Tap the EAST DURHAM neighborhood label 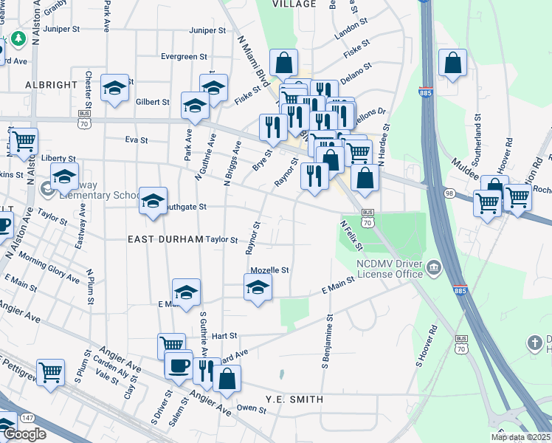point(165,239)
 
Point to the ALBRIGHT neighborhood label point(51,85)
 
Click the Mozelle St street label point(269,270)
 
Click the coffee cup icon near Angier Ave point(179,365)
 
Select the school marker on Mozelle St point(258,286)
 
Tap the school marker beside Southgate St point(153,200)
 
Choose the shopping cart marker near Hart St point(171,345)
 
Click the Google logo point(24,434)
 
